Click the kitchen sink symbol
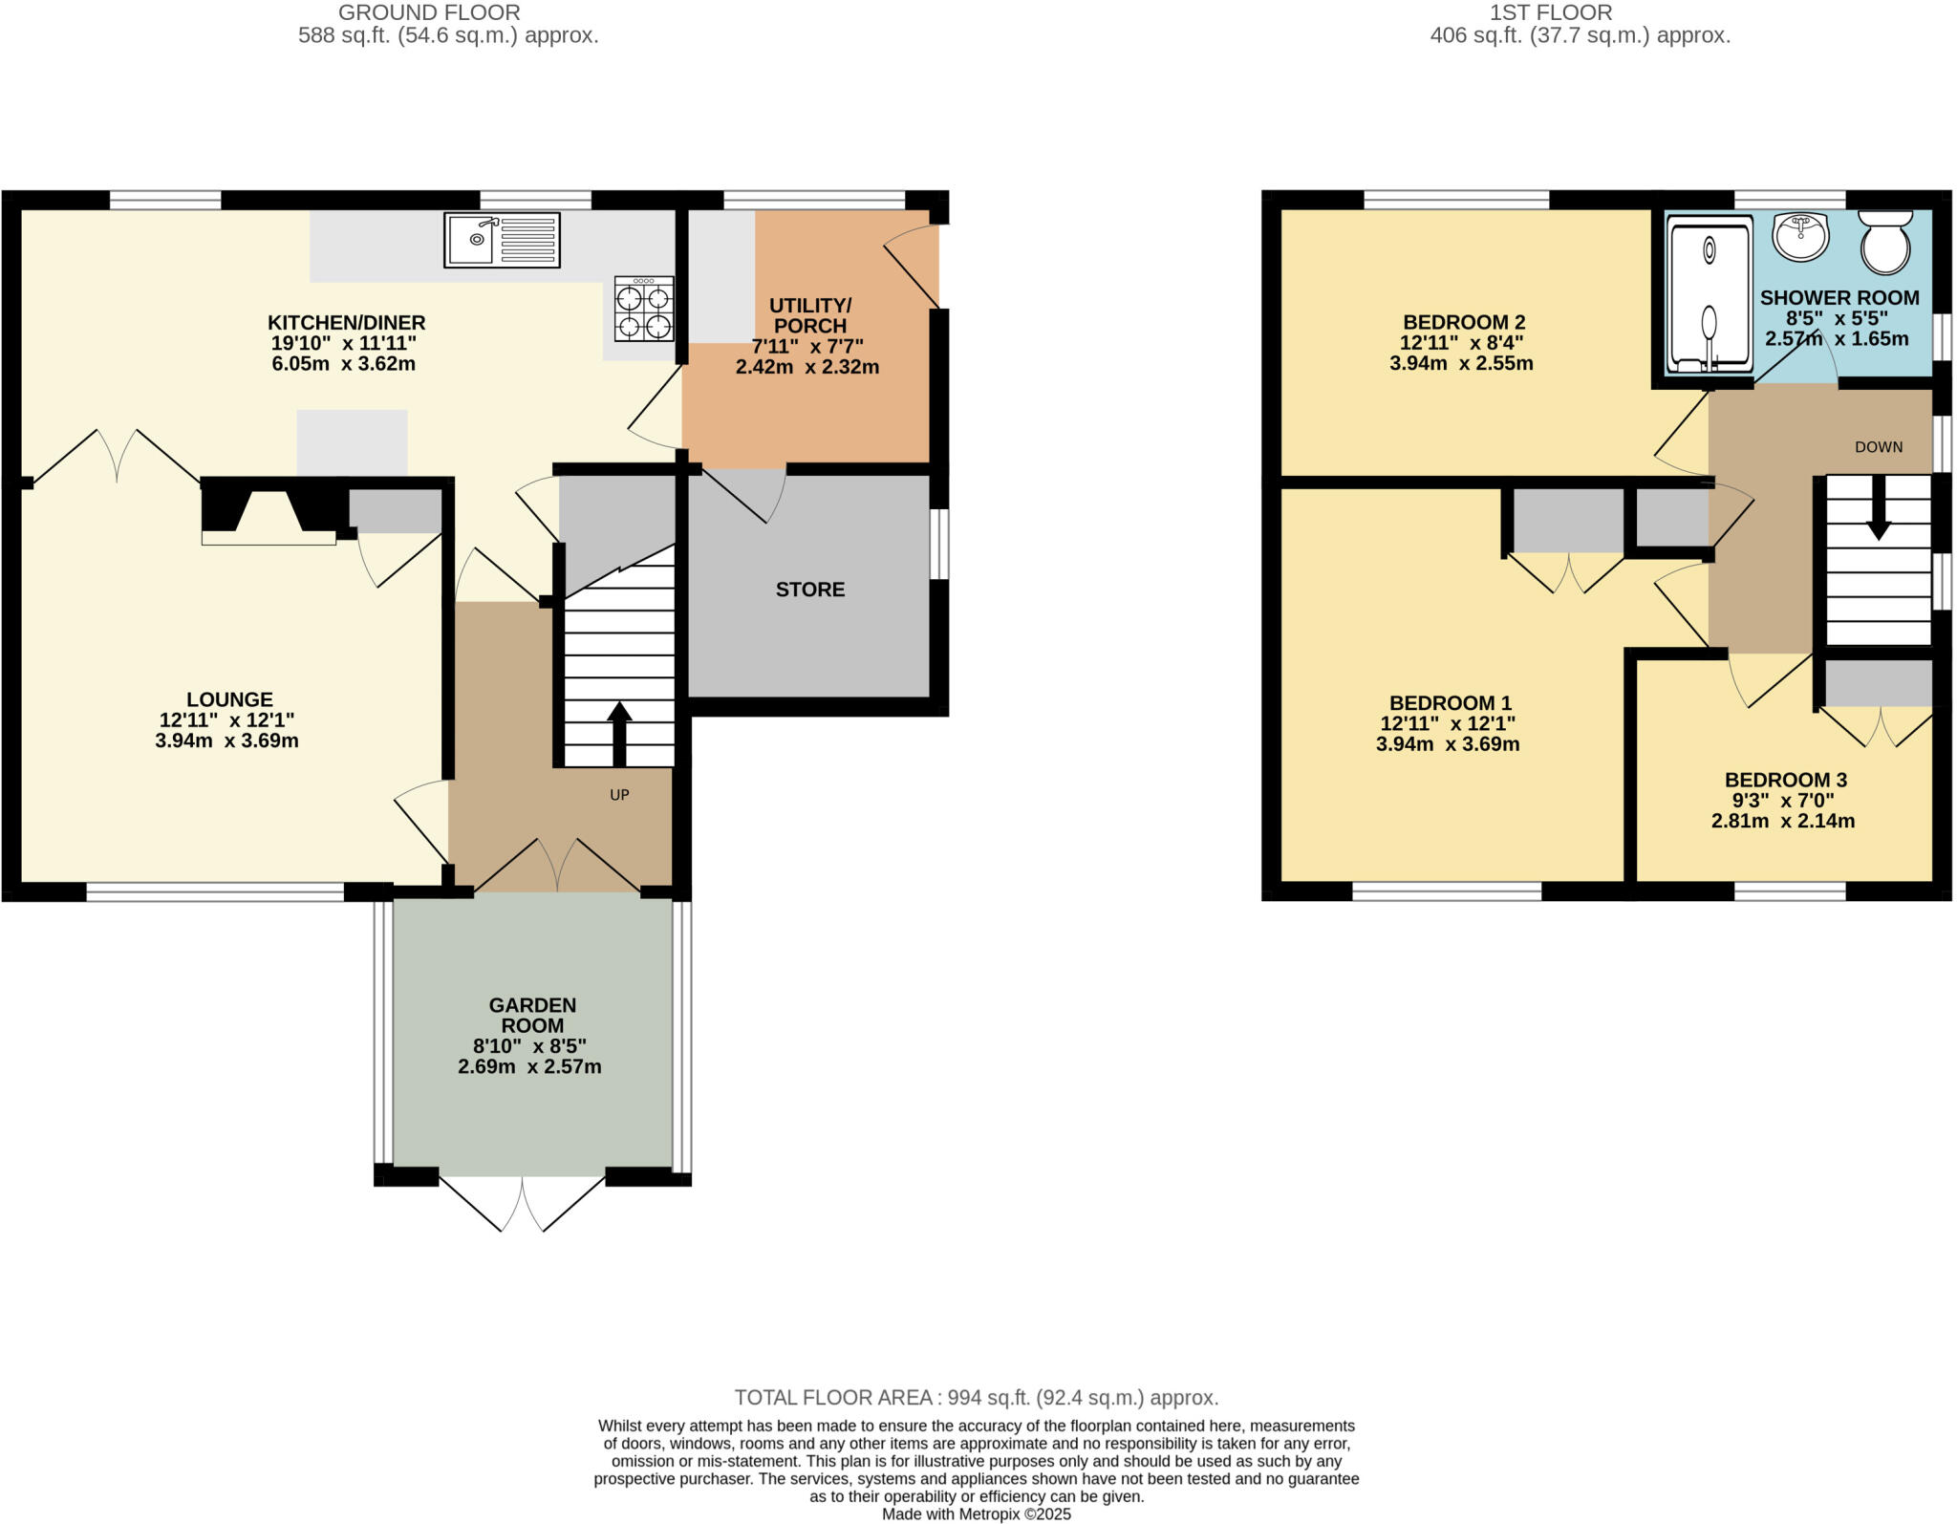[x=502, y=240]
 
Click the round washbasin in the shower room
[x=1800, y=235]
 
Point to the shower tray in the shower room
[x=1710, y=293]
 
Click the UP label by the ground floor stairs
[x=619, y=795]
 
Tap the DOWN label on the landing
[x=1878, y=447]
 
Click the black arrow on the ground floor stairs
[x=619, y=733]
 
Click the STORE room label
[x=809, y=590]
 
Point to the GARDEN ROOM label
[x=532, y=1015]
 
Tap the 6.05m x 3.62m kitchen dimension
[x=343, y=364]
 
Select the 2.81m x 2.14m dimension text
[x=1782, y=821]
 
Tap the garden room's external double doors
[x=523, y=1204]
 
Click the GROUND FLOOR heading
[x=429, y=12]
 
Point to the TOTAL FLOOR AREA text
[x=976, y=1398]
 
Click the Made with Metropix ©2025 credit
[x=976, y=1514]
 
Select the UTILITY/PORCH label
[x=809, y=315]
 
